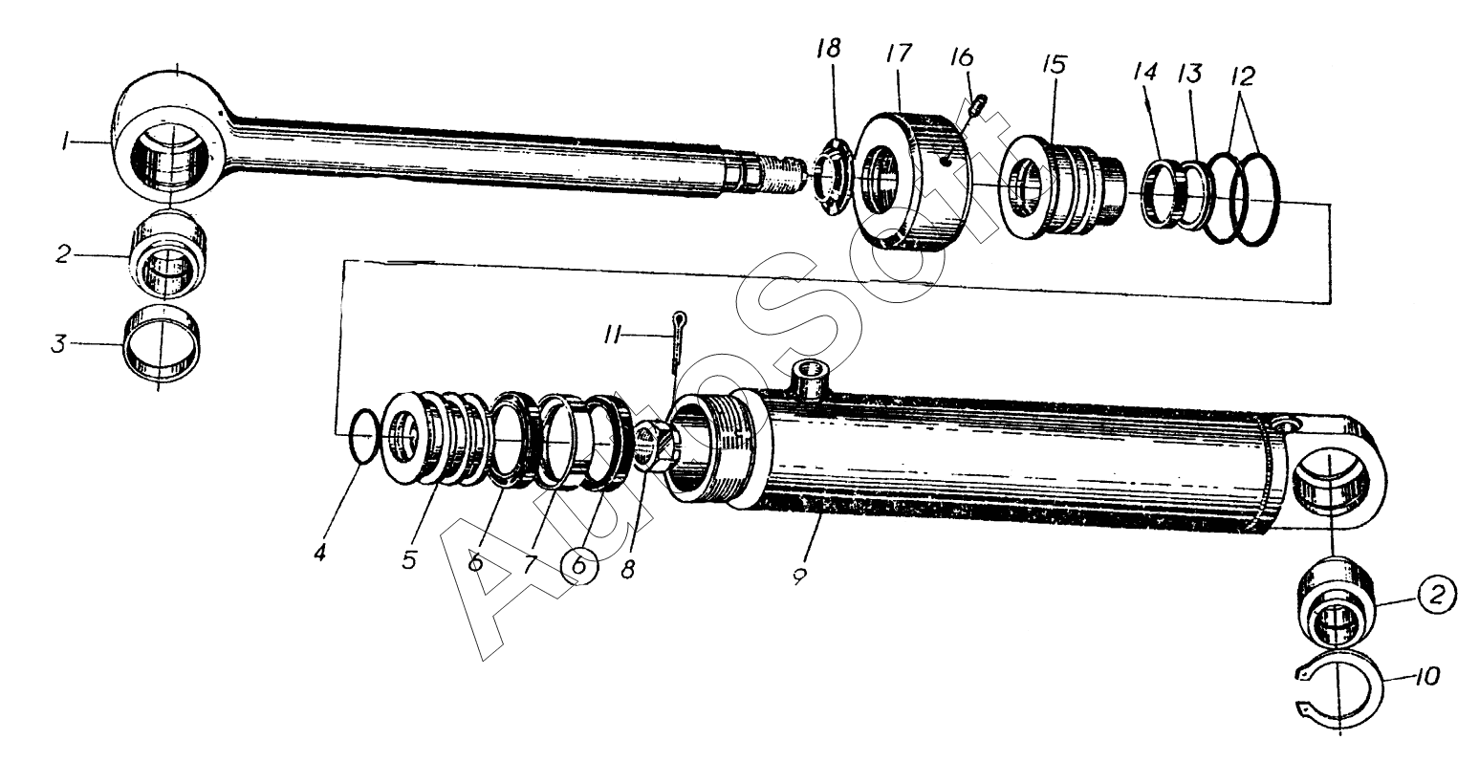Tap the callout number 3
[x=59, y=343]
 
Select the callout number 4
[x=321, y=552]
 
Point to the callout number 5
[x=409, y=559]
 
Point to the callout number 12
[x=1244, y=76]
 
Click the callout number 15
[x=1055, y=66]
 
